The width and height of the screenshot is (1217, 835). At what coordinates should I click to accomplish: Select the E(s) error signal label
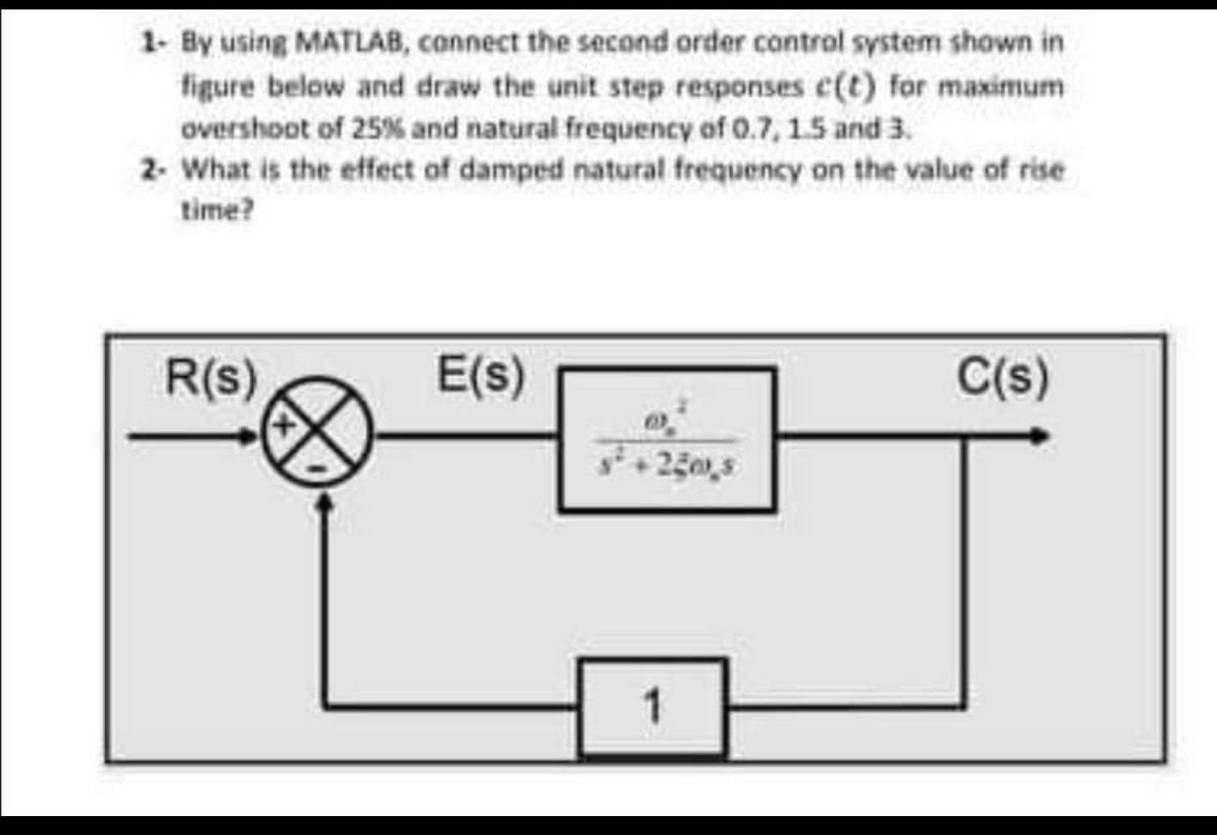point(481,376)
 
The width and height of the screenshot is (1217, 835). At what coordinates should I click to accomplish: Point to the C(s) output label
point(1004,378)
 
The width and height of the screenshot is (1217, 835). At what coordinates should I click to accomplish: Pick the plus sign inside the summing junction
point(285,423)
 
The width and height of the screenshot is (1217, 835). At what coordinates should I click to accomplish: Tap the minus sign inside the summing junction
point(317,470)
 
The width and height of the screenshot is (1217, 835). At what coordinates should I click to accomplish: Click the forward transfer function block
point(667,439)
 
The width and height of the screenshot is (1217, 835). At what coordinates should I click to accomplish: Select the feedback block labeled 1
point(653,708)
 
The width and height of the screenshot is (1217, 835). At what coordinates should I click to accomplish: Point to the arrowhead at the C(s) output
point(1042,437)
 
